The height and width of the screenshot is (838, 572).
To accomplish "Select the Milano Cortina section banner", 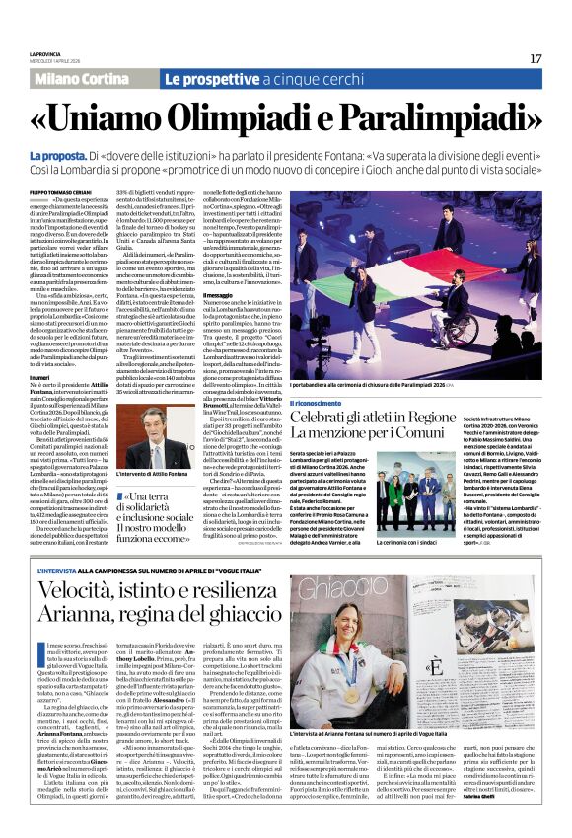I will click(x=92, y=78).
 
